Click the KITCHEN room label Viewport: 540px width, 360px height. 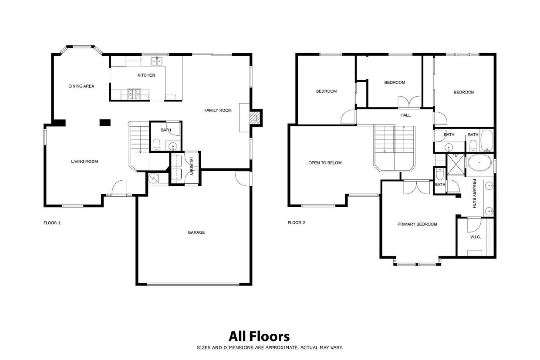pyautogui.click(x=146, y=75)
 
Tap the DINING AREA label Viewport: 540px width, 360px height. pyautogui.click(x=81, y=86)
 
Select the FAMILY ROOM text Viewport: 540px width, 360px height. pyautogui.click(x=218, y=111)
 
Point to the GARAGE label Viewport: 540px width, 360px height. pyautogui.click(x=196, y=232)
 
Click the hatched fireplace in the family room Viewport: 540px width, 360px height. pyautogui.click(x=255, y=118)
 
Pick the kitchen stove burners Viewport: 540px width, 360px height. pyautogui.click(x=134, y=94)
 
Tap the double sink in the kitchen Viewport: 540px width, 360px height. pyautogui.click(x=157, y=61)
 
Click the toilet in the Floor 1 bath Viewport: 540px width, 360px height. pyautogui.click(x=156, y=144)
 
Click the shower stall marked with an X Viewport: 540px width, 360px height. pyautogui.click(x=456, y=165)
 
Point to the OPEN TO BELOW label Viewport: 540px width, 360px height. pyautogui.click(x=325, y=163)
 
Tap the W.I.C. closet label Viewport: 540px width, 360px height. pyautogui.click(x=476, y=237)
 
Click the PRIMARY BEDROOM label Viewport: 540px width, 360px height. pyautogui.click(x=417, y=224)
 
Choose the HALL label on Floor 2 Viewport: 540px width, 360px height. pyautogui.click(x=405, y=115)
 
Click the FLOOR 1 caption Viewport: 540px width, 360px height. pyautogui.click(x=52, y=223)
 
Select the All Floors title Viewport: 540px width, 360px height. pyautogui.click(x=259, y=336)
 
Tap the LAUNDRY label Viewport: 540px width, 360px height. pyautogui.click(x=192, y=166)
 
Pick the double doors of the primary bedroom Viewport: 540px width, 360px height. pyautogui.click(x=417, y=188)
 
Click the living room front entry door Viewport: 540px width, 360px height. pyautogui.click(x=119, y=188)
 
